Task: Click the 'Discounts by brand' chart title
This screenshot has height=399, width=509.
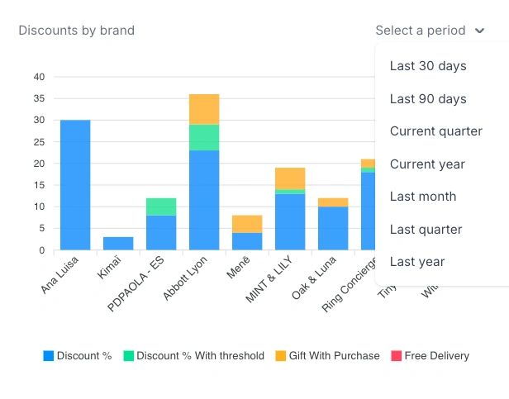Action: click(76, 31)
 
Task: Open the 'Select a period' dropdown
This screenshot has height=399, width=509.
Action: click(430, 31)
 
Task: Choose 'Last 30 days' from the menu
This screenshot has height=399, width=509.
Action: click(428, 66)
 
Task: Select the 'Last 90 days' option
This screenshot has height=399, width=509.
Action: click(428, 99)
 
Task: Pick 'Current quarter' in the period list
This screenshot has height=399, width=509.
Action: click(435, 131)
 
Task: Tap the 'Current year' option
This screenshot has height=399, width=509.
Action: click(427, 164)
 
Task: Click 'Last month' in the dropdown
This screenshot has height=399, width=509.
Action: click(423, 197)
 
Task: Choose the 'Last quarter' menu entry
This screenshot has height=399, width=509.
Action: click(426, 230)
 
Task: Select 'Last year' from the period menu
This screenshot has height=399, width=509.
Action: click(417, 262)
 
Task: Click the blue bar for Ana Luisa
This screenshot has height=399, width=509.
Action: click(75, 185)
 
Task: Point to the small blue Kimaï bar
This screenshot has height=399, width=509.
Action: click(118, 243)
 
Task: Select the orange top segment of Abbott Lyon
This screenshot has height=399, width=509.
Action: click(204, 109)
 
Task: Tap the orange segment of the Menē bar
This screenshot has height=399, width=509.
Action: click(247, 224)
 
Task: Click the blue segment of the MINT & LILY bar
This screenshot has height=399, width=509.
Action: click(290, 221)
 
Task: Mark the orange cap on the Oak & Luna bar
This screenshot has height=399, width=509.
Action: click(333, 202)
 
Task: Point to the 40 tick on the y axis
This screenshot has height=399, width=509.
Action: click(39, 77)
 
